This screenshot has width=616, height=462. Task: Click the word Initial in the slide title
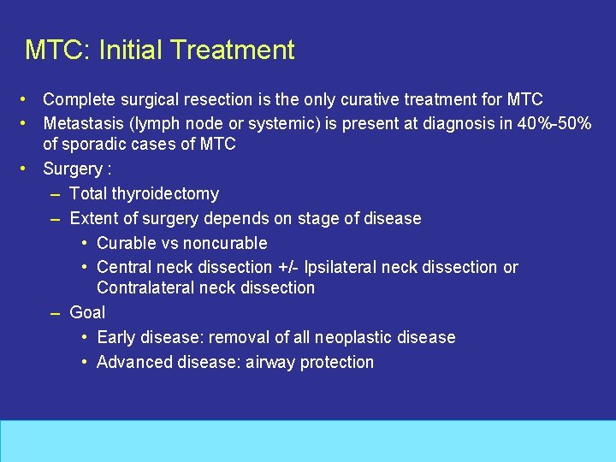point(132,50)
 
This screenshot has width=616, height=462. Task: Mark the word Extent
point(93,218)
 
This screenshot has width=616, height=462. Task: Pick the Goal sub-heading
point(87,313)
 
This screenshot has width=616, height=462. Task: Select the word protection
point(339,362)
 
